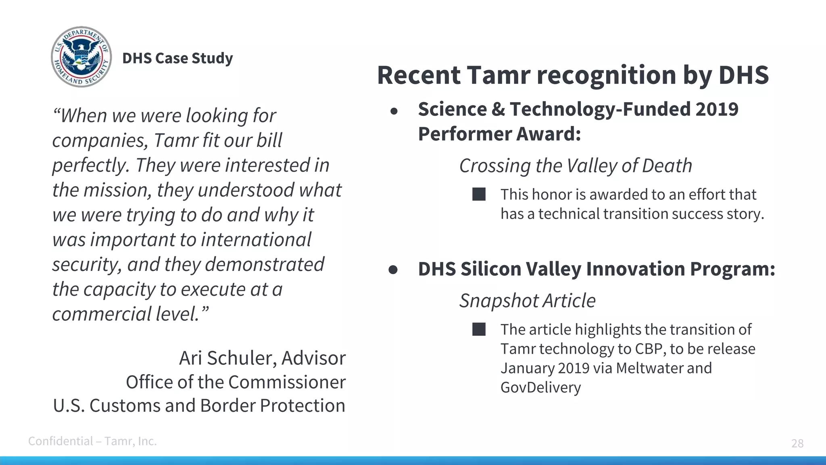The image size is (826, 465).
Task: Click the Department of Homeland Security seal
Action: pos(81,57)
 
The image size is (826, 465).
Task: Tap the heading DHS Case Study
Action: pos(177,58)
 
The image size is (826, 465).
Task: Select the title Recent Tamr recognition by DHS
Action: pos(573,75)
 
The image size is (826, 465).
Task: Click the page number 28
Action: pos(797,443)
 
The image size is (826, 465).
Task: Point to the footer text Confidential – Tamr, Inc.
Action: pos(92,441)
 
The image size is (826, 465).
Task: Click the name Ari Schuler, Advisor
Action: pos(262,358)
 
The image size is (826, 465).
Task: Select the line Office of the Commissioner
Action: pos(236,382)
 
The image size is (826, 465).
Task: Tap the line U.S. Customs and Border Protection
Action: pos(199,406)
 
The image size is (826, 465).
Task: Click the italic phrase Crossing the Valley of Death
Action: pos(576,166)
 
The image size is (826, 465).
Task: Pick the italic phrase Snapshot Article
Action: pos(527,301)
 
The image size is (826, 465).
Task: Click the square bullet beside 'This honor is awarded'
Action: pos(479,195)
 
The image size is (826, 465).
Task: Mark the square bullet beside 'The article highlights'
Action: pos(479,329)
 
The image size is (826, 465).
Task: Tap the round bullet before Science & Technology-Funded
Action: pos(394,111)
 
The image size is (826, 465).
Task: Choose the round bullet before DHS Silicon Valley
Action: pos(393,270)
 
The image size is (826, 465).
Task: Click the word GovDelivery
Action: pos(540,387)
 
